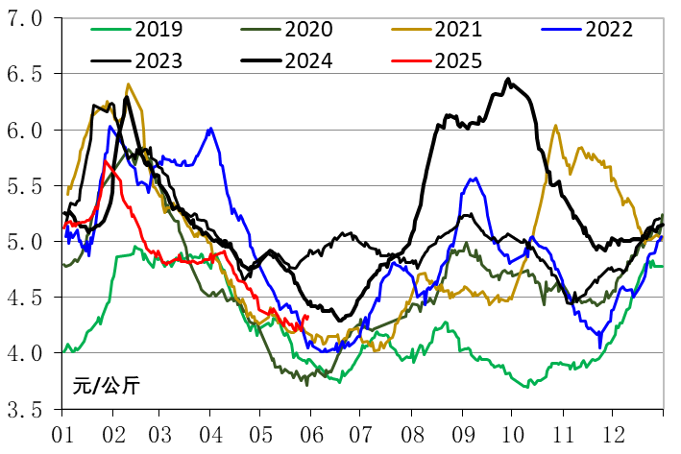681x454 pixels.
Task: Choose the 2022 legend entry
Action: tap(608, 29)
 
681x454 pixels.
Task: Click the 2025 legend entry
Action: tap(458, 60)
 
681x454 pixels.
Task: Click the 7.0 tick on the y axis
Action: tap(26, 18)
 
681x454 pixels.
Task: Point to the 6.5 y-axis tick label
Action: tap(26, 74)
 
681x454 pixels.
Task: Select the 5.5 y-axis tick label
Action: tap(26, 186)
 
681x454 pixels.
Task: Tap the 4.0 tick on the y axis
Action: tap(26, 354)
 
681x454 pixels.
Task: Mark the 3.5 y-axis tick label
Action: tap(26, 410)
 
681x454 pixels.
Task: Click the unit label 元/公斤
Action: tap(105, 387)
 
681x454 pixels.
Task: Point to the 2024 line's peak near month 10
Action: tap(508, 80)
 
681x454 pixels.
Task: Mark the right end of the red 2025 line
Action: tap(306, 318)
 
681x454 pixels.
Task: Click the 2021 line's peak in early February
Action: tap(128, 84)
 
